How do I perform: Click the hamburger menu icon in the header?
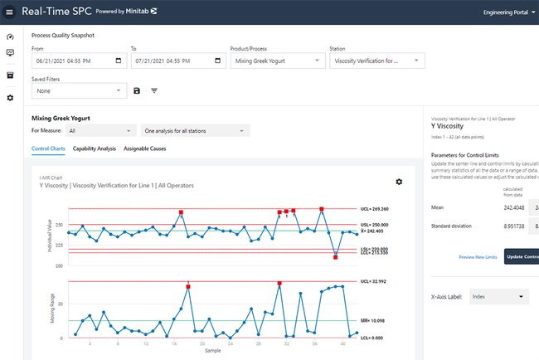[10, 12]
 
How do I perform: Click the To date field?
[177, 61]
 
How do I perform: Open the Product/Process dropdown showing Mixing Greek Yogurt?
[277, 61]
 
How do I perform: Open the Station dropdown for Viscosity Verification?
[376, 61]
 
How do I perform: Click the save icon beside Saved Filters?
[137, 90]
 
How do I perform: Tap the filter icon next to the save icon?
[154, 90]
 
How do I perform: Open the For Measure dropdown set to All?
[100, 130]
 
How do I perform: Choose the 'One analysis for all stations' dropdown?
[195, 130]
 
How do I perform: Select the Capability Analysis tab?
[94, 148]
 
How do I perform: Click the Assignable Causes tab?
[145, 148]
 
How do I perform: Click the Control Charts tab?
[49, 148]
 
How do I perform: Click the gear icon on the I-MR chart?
[399, 182]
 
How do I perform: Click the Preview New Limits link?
[478, 257]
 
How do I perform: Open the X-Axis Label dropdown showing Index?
[498, 296]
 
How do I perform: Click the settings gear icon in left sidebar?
[10, 98]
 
